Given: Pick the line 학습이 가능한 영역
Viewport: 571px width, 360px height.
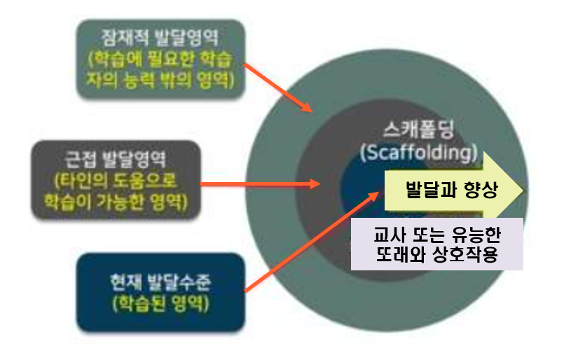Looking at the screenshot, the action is tap(115, 202).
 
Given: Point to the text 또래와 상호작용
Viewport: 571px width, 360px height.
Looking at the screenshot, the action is tap(438, 254).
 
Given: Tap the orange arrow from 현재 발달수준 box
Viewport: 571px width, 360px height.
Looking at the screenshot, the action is tap(308, 238).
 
